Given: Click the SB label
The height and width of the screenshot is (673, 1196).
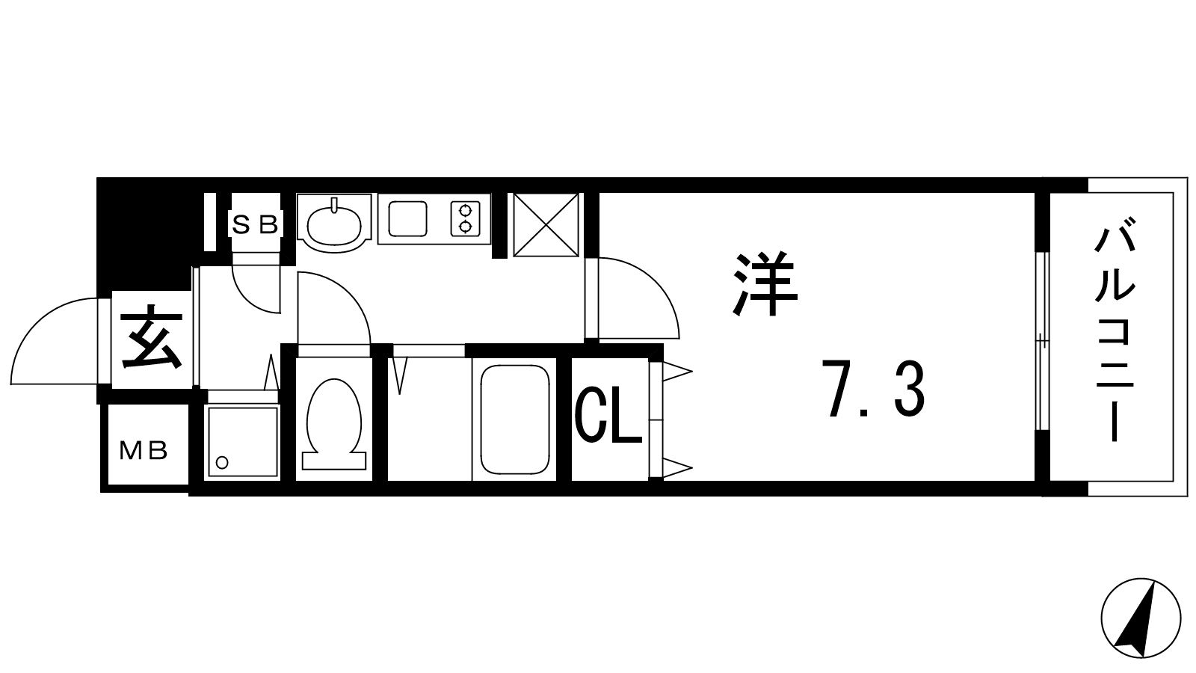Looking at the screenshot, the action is click(255, 224).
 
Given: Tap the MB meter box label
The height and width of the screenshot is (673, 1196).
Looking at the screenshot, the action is click(144, 451).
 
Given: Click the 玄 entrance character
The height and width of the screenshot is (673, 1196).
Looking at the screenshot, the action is click(152, 337).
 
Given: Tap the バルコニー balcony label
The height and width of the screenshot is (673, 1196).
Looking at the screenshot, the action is click(1115, 330).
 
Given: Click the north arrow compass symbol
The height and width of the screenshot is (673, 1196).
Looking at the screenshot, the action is click(1141, 618).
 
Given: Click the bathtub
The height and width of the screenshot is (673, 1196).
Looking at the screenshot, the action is click(514, 420).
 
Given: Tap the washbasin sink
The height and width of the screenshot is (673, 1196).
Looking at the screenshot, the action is click(334, 224).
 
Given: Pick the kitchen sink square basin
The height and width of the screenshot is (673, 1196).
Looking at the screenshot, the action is click(407, 218).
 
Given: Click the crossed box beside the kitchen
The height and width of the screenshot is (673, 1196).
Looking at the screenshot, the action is click(546, 225).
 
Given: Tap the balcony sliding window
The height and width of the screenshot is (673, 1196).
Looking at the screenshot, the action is click(1042, 341).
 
